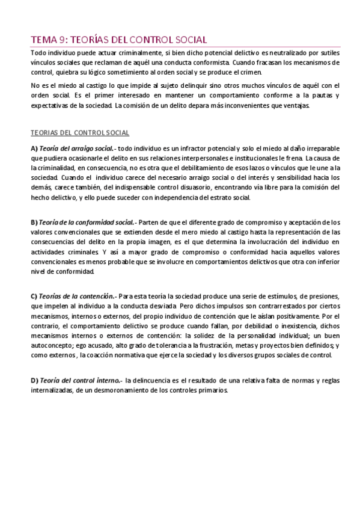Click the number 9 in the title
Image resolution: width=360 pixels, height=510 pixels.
coord(63,40)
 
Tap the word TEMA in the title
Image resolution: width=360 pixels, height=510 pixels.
coord(44,40)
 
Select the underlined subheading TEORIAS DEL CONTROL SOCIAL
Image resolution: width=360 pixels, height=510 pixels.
coord(79,132)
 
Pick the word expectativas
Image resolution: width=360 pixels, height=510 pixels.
coord(52,106)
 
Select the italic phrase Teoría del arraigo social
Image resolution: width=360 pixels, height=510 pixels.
coord(76,149)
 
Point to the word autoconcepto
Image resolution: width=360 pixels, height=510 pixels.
coord(52,345)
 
